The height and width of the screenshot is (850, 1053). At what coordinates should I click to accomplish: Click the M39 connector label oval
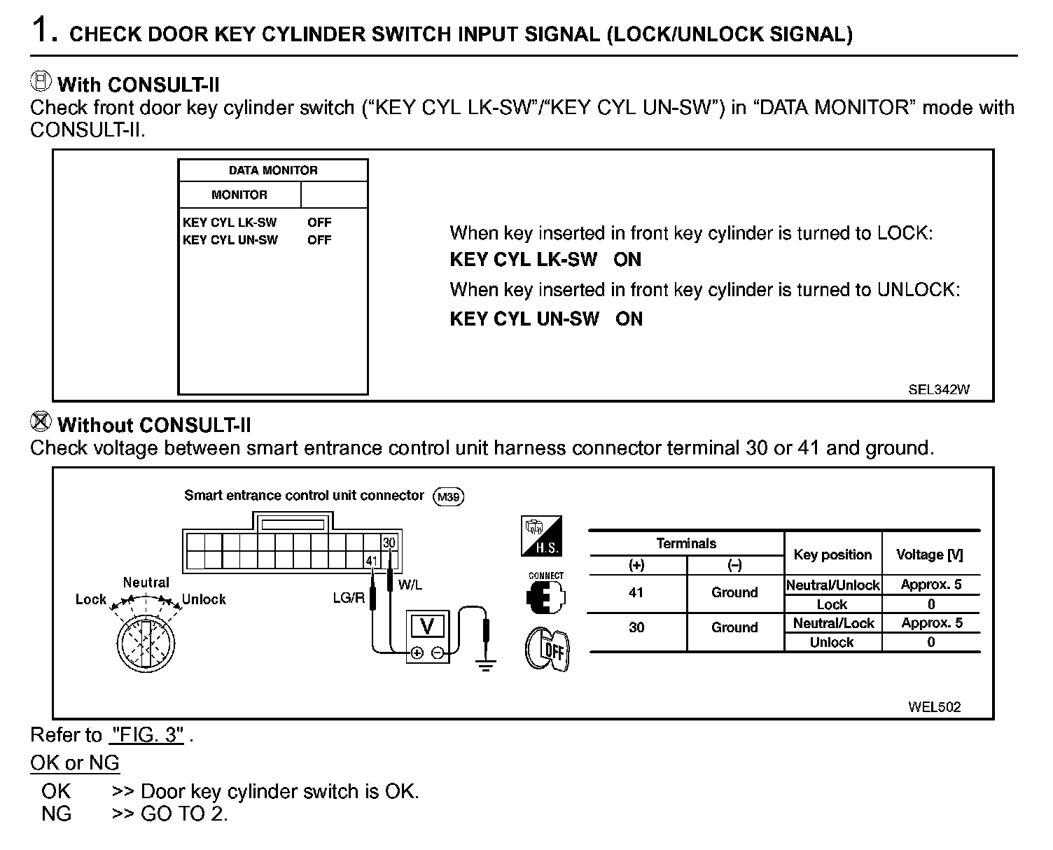point(448,497)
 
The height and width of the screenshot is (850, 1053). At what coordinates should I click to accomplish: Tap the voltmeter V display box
point(426,625)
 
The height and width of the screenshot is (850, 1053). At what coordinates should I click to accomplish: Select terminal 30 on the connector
point(389,543)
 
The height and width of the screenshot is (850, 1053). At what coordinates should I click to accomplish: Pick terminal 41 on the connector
point(372,560)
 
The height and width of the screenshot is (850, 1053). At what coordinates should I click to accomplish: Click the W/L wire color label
point(410,585)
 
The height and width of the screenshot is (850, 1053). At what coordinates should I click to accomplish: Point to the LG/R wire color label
point(349,598)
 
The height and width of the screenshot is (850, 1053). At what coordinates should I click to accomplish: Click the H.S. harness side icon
point(541,536)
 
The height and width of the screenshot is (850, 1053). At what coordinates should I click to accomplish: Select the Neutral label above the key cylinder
point(146,583)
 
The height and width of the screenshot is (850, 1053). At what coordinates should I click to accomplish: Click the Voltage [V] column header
point(930,555)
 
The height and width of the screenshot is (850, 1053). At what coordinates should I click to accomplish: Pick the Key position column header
point(832,555)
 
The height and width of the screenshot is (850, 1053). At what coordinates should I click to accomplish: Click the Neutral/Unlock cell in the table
point(832,585)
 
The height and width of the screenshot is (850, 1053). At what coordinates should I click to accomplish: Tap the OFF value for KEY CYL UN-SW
point(319,240)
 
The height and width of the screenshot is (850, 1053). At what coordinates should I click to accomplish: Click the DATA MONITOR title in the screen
point(273,170)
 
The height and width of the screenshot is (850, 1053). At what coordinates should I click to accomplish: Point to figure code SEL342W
point(939,390)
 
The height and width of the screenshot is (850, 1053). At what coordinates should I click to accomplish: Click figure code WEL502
point(934,706)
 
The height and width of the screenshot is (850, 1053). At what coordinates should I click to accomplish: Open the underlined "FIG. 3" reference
point(147,735)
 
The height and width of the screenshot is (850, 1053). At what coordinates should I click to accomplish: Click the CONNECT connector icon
point(545,595)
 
